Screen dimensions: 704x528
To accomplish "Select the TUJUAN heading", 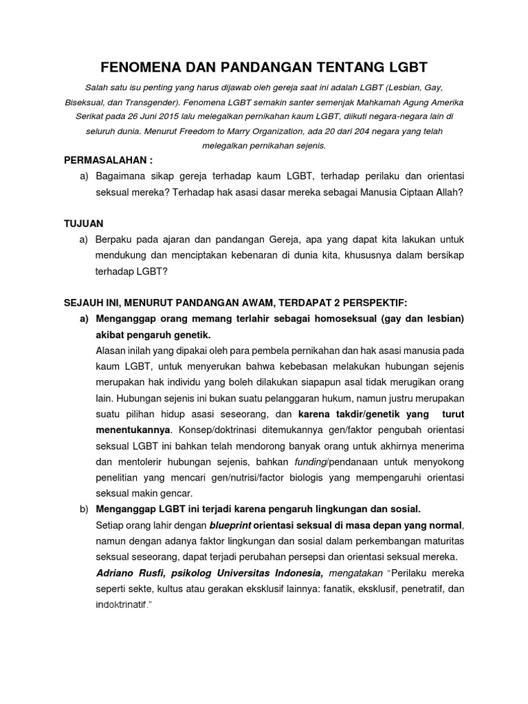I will [x=83, y=223].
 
